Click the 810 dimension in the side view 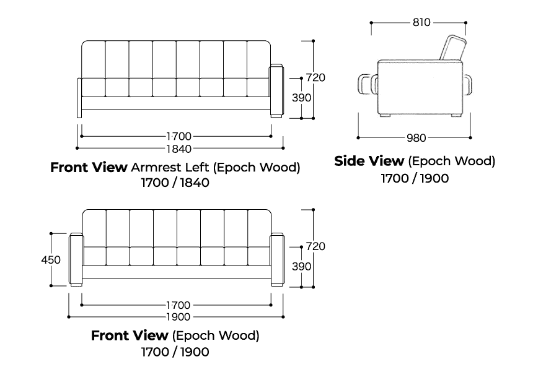[421, 23]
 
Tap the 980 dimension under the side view [415, 137]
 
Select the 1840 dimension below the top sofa [179, 149]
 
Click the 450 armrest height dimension [51, 260]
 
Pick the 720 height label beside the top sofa [315, 78]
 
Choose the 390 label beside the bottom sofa [302, 266]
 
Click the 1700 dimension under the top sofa [178, 136]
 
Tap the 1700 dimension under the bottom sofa [178, 305]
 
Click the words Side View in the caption [369, 162]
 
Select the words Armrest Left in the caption [164, 168]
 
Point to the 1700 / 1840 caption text [175, 183]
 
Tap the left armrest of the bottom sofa [76, 259]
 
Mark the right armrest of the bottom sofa [277, 259]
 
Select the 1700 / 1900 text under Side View [415, 178]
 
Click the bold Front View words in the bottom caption [129, 336]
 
